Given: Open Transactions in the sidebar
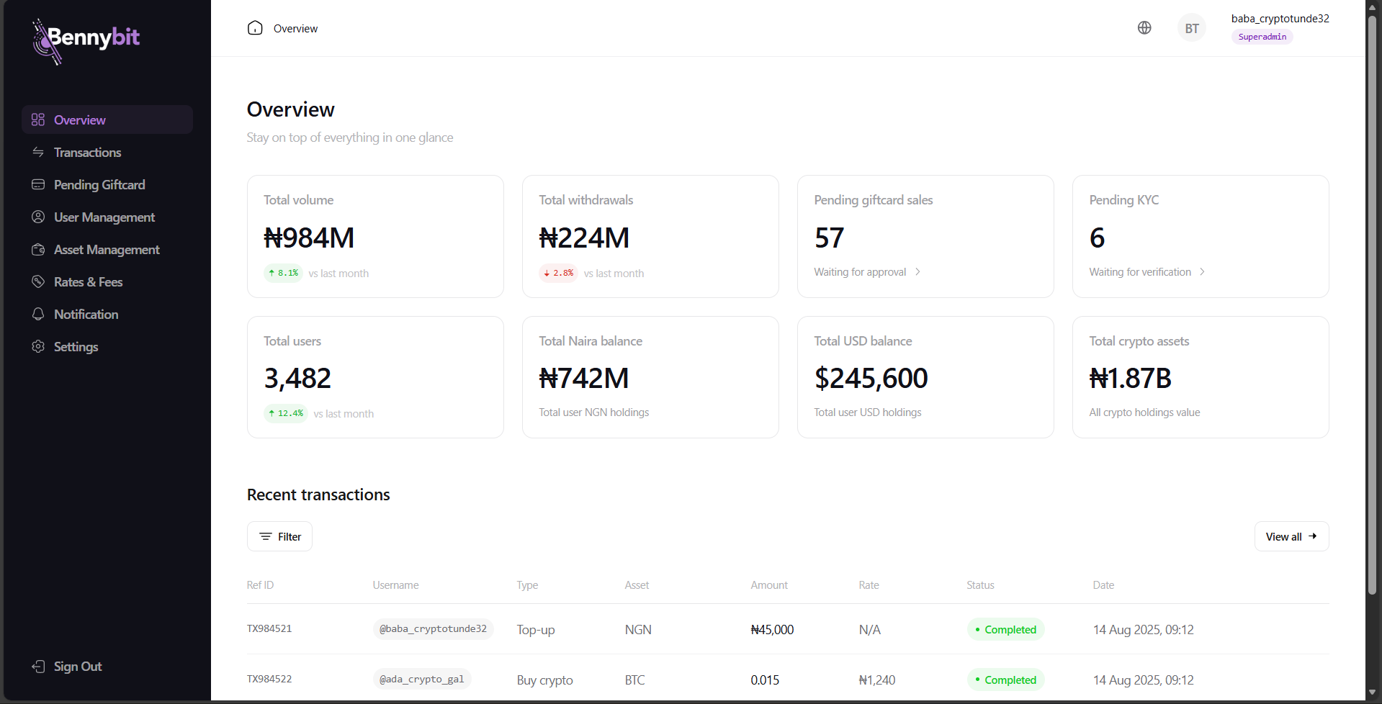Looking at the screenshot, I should (x=87, y=153).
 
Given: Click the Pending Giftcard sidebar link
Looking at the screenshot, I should (x=99, y=185).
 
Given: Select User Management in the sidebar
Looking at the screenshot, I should (x=104, y=217).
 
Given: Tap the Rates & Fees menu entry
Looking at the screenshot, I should (x=88, y=282).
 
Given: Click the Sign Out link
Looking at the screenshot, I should (x=77, y=667).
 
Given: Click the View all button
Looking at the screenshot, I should (x=1291, y=536).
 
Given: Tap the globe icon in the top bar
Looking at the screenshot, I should (x=1144, y=28).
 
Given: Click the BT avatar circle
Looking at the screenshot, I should (x=1192, y=28).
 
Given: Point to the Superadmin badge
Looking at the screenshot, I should (x=1262, y=37).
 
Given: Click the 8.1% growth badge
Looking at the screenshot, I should (x=284, y=274).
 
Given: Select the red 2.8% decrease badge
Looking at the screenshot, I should (x=559, y=274).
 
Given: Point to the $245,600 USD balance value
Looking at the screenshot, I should (x=871, y=379).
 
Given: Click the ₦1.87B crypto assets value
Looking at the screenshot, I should (x=1130, y=379).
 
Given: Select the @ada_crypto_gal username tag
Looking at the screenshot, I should (x=422, y=679).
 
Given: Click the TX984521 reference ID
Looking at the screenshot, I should (x=269, y=628).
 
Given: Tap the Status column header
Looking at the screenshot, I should (x=980, y=585).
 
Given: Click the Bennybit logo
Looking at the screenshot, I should (x=86, y=40).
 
